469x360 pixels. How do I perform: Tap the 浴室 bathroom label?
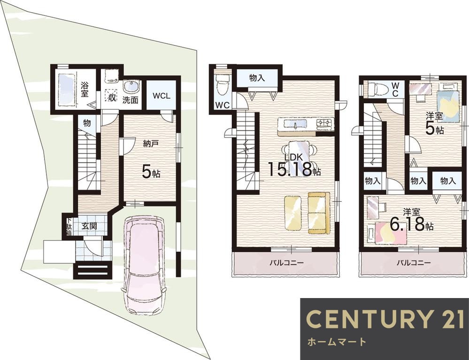click(85, 89)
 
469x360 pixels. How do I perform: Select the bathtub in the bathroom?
click(66, 90)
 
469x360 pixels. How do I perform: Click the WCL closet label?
click(161, 96)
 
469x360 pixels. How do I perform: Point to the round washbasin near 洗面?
click(131, 87)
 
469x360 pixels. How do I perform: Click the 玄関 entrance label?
click(89, 226)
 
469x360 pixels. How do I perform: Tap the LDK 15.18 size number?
click(290, 169)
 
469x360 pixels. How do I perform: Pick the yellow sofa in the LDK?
click(319, 213)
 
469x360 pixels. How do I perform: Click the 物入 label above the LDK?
click(257, 78)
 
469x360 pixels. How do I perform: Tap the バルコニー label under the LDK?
click(286, 263)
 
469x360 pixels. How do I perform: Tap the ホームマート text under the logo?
click(337, 342)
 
